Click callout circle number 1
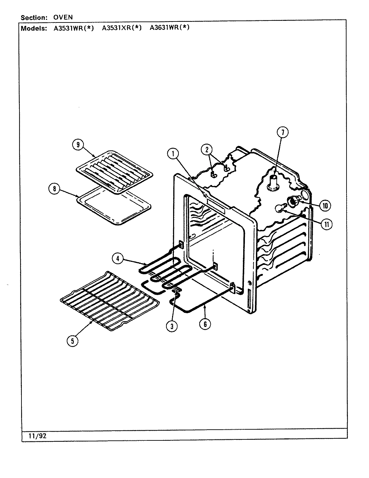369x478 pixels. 173,154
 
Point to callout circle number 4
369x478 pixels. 118,258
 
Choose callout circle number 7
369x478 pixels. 282,133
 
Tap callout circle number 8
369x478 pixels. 54,189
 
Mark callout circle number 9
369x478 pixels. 78,145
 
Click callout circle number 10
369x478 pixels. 325,205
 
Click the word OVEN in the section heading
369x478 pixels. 63,17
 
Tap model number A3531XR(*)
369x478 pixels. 121,28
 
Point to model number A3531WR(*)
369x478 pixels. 74,28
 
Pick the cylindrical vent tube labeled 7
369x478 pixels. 274,183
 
